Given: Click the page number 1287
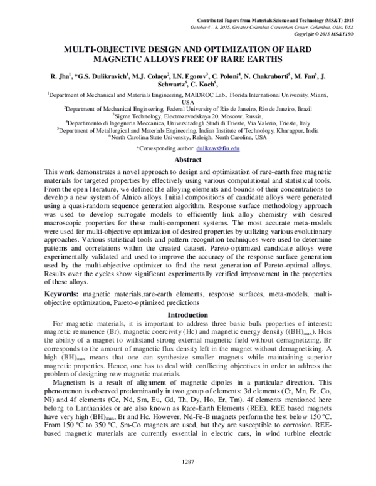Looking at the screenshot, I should pos(187,463).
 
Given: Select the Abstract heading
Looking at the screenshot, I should pos(187,160).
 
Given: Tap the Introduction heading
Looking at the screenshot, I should pos(187,314).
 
